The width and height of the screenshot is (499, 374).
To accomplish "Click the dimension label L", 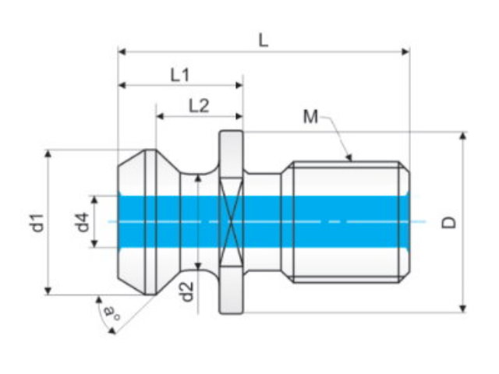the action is (x=264, y=41).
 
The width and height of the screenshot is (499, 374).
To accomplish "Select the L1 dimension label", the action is (x=180, y=75).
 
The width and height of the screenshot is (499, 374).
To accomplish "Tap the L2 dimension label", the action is (x=199, y=106).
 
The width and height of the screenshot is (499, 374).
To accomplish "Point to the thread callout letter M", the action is (x=310, y=116).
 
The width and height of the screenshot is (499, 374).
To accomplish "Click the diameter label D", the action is (x=449, y=222).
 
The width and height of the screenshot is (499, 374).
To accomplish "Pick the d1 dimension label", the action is (x=37, y=223).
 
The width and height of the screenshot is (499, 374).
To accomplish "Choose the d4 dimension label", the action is (x=82, y=222).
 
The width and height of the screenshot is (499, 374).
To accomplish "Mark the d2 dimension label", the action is (x=187, y=291).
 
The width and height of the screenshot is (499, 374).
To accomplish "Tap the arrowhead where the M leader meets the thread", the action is (x=350, y=157).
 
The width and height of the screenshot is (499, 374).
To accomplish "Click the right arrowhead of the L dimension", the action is (x=405, y=51).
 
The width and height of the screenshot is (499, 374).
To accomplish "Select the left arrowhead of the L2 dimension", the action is (x=160, y=116).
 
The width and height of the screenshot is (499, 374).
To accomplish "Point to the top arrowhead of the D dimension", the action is (x=463, y=136).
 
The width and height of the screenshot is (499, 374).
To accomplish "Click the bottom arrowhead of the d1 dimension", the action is (x=48, y=291).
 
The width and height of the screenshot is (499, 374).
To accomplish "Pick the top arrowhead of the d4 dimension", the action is (x=94, y=199).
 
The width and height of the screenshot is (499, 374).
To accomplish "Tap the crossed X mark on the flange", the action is (x=232, y=221).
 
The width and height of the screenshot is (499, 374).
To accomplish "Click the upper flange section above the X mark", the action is (x=232, y=153).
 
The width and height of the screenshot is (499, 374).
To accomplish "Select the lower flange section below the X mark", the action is (x=232, y=290).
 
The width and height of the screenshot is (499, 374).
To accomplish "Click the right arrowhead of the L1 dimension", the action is (x=239, y=85).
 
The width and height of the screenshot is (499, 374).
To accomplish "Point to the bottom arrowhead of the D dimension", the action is (x=463, y=309).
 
